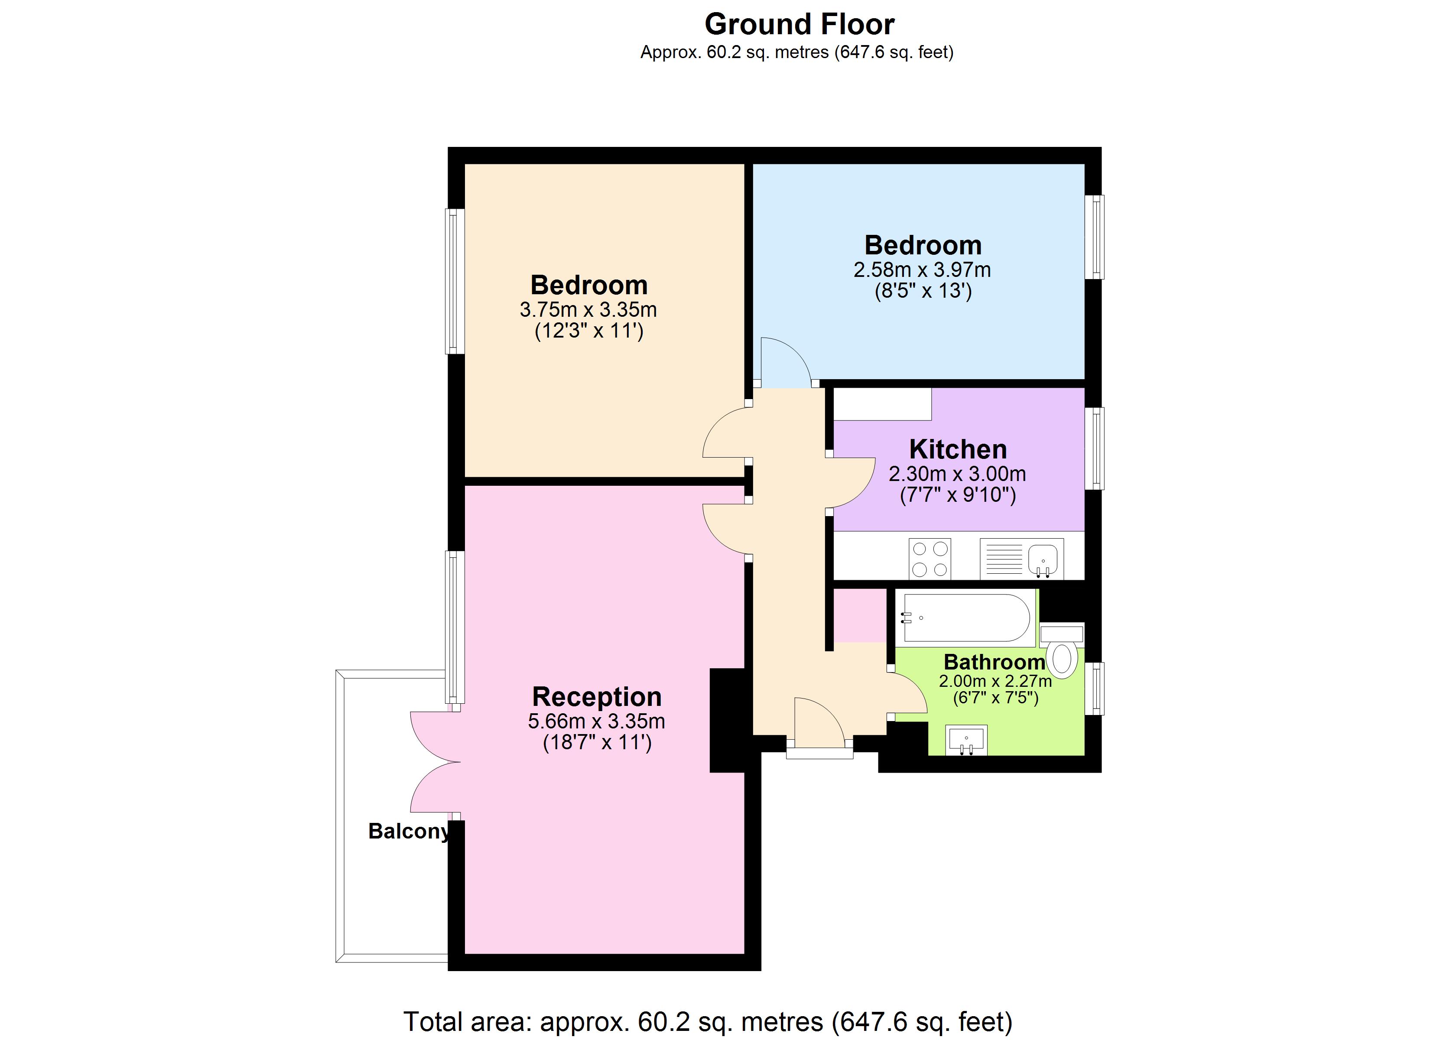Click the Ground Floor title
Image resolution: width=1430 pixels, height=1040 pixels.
click(799, 25)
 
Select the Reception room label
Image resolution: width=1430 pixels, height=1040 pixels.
click(596, 697)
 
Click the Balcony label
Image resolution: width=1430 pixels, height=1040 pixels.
click(409, 831)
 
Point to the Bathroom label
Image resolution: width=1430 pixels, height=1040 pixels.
click(994, 662)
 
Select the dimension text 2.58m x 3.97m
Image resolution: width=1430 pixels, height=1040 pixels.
click(922, 270)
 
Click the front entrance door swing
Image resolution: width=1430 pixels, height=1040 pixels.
click(818, 722)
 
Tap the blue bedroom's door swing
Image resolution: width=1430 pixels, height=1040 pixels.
click(784, 363)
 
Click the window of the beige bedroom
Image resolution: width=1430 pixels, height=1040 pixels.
click(455, 281)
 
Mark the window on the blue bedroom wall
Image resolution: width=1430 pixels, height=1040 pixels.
click(1098, 237)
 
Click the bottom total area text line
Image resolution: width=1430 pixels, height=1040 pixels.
click(708, 1021)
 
